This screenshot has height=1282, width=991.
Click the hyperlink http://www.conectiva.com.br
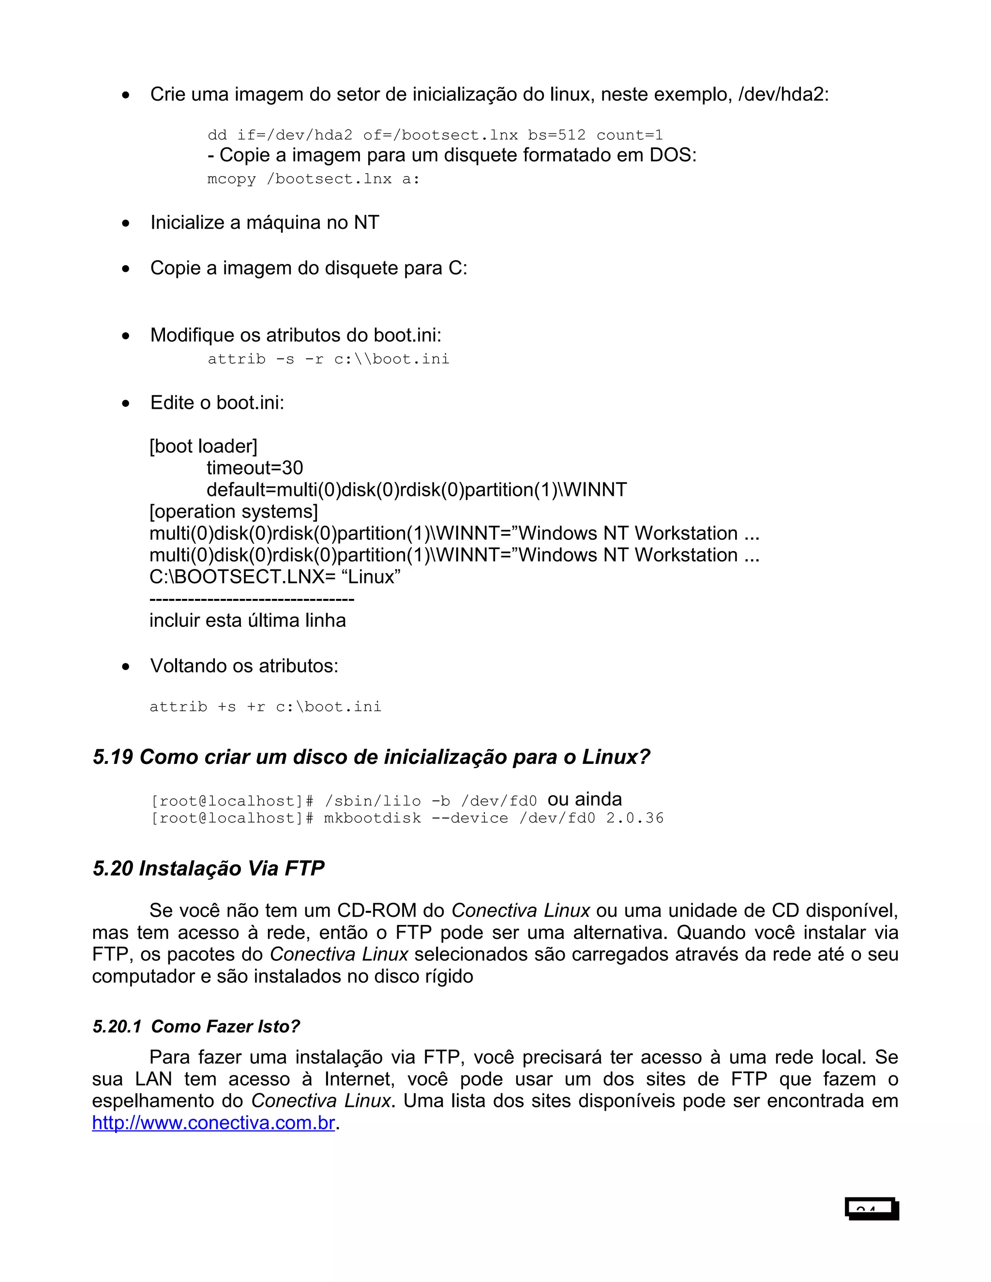point(213,1123)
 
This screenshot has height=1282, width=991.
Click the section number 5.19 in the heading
point(113,757)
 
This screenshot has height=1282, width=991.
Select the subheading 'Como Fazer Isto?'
point(225,1027)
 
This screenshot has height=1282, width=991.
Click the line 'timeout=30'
point(255,468)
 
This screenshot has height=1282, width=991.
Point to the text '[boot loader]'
point(203,446)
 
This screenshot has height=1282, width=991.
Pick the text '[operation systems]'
point(234,511)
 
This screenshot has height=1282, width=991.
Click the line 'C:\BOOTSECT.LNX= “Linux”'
point(275,577)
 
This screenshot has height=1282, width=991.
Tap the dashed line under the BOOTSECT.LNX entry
point(252,599)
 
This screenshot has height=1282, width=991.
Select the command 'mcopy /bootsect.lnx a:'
point(314,179)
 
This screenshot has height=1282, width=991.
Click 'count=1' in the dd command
point(630,135)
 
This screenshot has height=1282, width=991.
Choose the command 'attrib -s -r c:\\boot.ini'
point(328,359)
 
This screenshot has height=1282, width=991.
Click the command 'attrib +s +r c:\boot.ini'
point(265,707)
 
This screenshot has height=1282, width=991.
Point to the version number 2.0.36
point(635,818)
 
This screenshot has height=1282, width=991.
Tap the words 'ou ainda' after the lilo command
point(584,800)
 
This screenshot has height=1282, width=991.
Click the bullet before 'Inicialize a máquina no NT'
point(126,224)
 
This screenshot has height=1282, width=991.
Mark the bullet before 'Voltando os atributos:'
point(126,667)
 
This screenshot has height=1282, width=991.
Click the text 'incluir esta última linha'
point(247,621)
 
